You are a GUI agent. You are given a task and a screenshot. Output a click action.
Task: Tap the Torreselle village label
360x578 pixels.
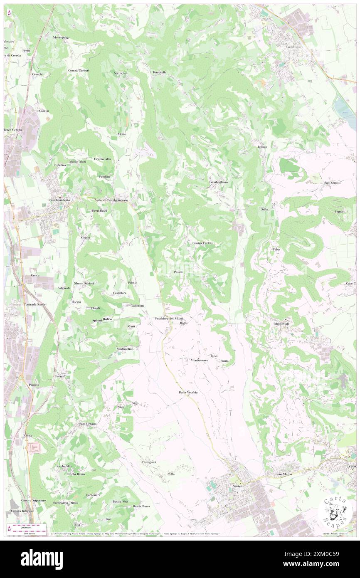[x=160, y=72]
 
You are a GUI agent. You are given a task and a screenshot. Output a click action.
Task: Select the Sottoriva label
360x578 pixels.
[x=121, y=73]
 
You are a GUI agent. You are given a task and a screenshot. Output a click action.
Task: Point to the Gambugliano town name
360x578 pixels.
[x=218, y=182]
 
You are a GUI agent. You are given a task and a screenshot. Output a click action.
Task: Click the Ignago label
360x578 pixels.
[x=262, y=147]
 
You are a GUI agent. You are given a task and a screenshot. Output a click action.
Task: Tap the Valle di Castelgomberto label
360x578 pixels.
[x=111, y=200]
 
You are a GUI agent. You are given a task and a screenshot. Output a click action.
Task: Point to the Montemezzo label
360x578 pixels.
[x=199, y=360]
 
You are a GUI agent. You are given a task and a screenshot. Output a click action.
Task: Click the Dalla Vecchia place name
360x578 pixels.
[x=188, y=393]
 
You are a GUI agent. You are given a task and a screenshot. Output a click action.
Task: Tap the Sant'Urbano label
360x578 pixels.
[x=88, y=424]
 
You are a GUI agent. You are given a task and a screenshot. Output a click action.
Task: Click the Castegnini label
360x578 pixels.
[x=149, y=462]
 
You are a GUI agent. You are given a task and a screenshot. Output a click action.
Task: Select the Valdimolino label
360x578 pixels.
[x=125, y=349]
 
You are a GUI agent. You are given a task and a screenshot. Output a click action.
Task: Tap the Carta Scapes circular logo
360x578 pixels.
[x=335, y=511]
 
